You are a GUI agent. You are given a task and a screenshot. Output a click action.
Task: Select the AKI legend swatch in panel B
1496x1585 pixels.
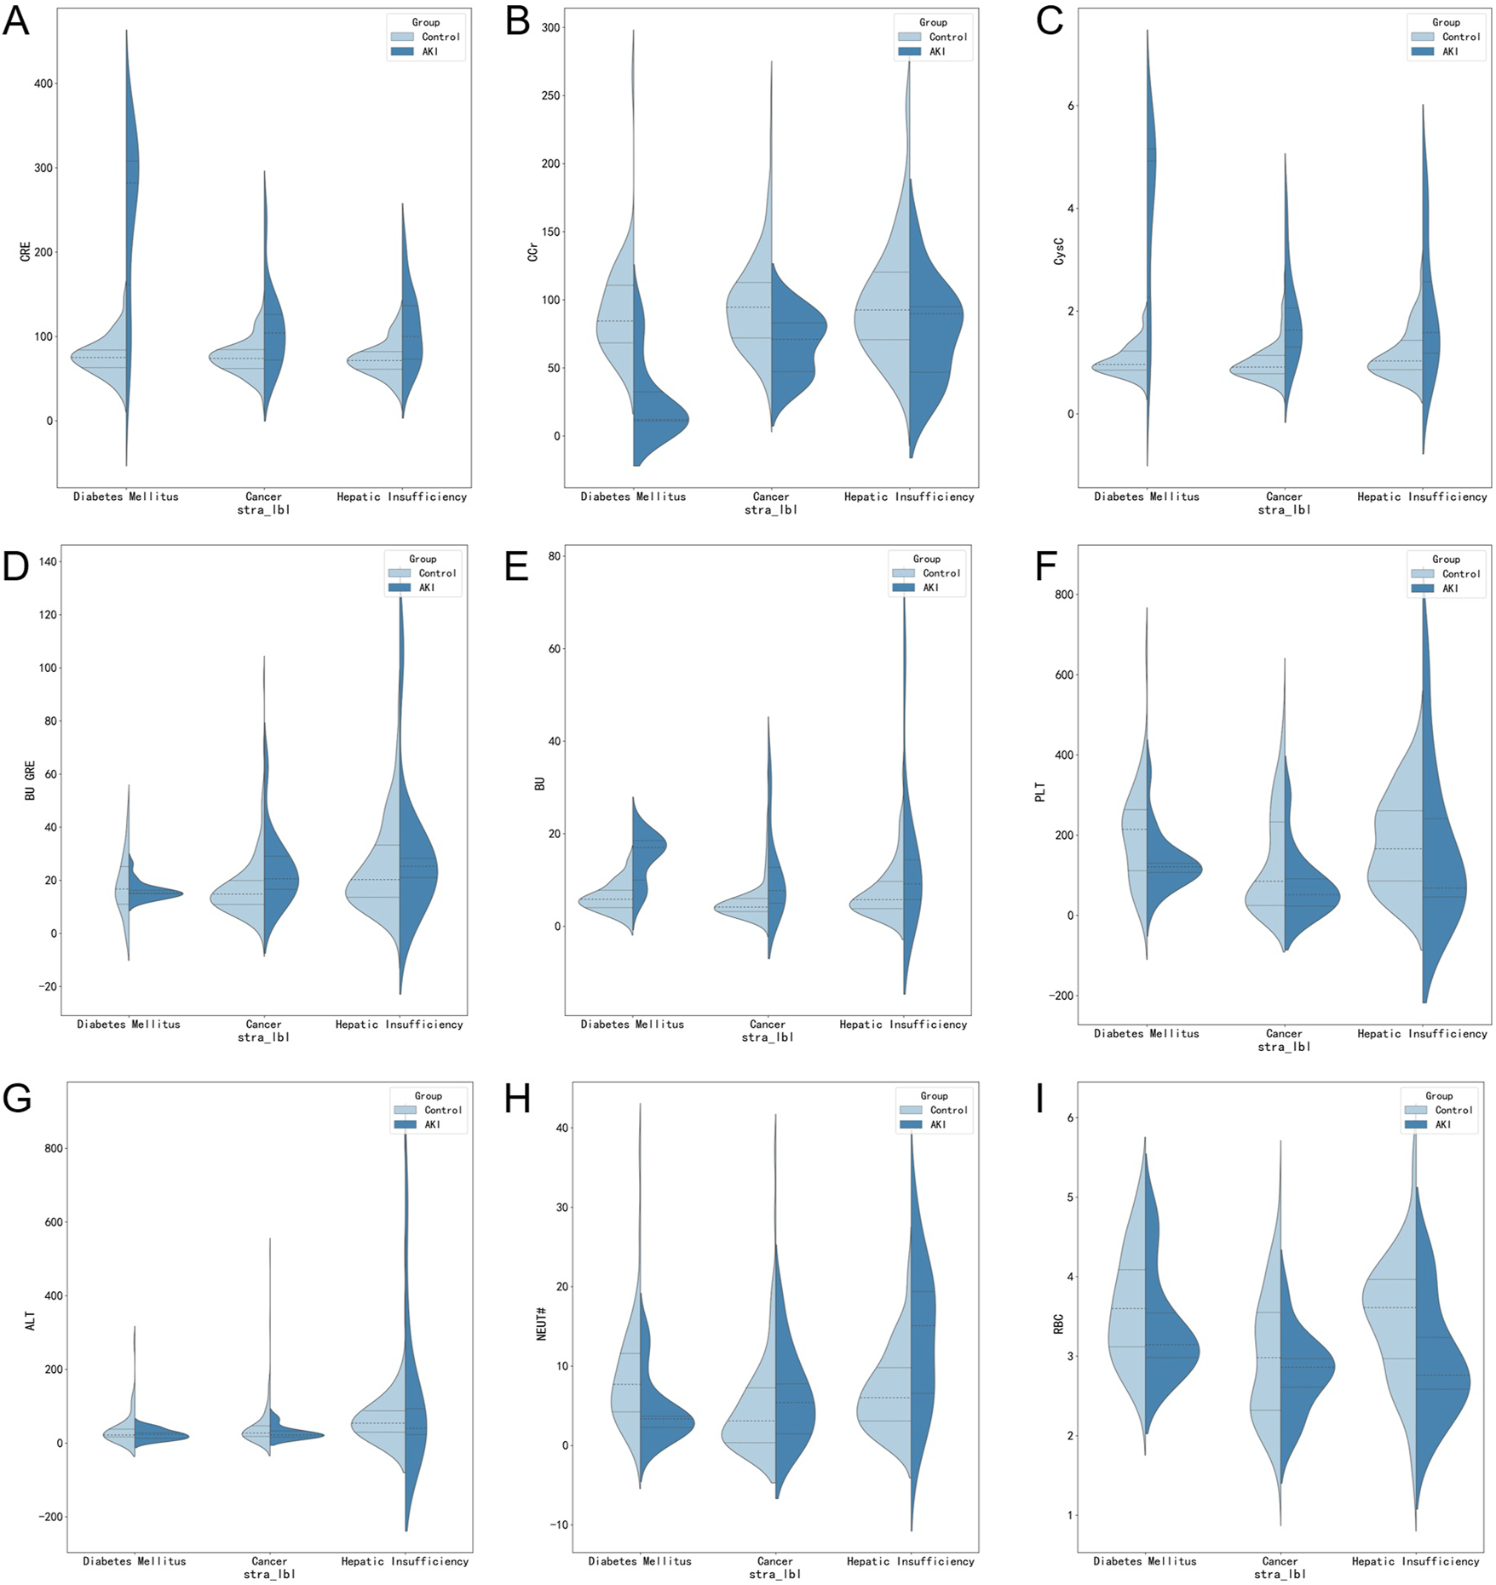909,52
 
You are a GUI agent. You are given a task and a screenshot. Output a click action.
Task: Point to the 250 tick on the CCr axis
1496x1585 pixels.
550,95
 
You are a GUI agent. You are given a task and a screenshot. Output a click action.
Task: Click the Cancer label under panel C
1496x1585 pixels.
1283,497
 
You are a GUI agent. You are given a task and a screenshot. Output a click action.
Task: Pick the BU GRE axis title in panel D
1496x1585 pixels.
31,780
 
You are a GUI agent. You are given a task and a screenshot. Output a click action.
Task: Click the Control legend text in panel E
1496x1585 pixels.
941,573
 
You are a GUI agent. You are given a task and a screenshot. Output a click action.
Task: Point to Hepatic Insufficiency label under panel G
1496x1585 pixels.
405,1561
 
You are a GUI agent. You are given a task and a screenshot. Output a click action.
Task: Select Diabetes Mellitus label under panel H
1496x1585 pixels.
639,1561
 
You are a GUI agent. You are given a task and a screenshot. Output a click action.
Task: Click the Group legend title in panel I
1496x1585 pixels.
1439,1096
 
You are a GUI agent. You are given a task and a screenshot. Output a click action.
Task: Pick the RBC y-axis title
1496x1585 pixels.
1058,1324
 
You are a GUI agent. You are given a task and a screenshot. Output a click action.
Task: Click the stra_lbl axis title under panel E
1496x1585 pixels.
767,1037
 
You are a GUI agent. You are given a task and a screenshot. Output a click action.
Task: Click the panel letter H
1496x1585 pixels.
517,1100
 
